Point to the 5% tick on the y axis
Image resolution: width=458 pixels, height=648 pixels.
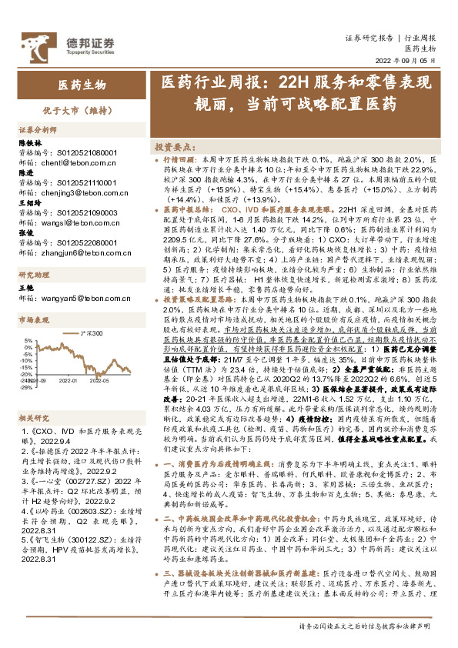(27, 341)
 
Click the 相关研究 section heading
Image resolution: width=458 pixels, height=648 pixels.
(34, 418)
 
